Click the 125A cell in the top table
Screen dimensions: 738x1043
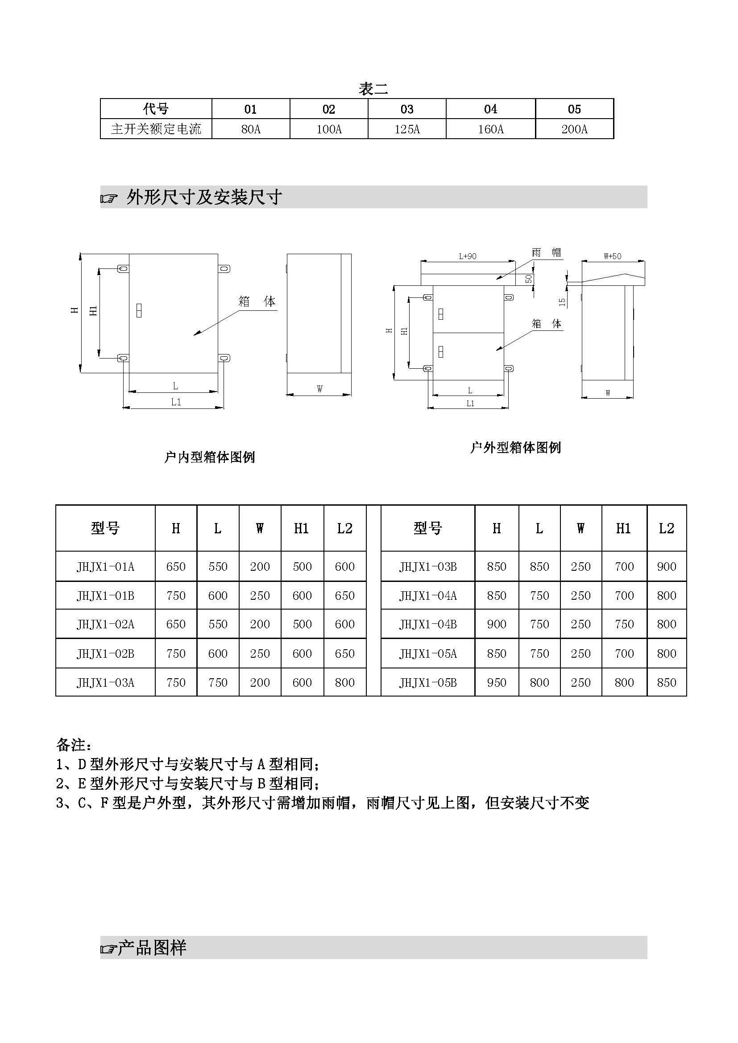[407, 129]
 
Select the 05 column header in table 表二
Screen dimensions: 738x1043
[574, 109]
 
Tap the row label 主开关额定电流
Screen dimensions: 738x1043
[156, 129]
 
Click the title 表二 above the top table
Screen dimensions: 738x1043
[373, 89]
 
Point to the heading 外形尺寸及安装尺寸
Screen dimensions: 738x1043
[204, 197]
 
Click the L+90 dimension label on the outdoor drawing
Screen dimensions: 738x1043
[468, 256]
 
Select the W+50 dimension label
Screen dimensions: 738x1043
[613, 256]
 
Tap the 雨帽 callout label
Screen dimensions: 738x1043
[546, 252]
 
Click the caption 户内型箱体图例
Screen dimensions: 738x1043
[210, 457]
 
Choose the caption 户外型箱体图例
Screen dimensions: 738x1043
[516, 447]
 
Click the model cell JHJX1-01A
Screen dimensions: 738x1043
[105, 567]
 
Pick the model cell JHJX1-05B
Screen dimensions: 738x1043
[427, 683]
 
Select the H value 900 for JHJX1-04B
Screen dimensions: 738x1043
[496, 625]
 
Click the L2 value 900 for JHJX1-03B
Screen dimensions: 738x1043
[667, 567]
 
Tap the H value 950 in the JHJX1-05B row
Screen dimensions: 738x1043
[496, 683]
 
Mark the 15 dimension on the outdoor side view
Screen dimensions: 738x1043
[562, 302]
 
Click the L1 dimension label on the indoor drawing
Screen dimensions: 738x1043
[176, 402]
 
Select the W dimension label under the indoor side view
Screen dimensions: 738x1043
[319, 389]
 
